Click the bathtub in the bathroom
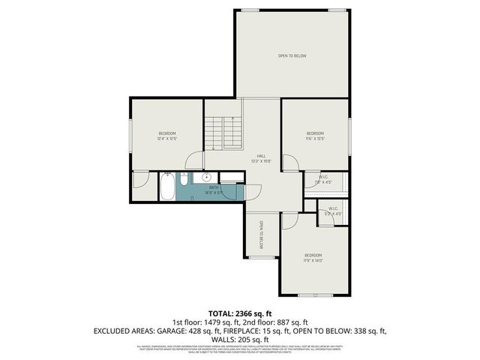tap(167, 187)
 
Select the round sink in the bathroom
tap(205, 178)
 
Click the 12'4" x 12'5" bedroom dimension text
tap(166, 139)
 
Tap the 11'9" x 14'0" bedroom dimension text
tap(313, 261)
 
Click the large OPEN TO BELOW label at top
tap(292, 56)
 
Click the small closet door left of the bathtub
tap(139, 181)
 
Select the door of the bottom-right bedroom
tap(289, 222)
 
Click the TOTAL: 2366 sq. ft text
tap(239, 313)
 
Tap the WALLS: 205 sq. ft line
tap(239, 338)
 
